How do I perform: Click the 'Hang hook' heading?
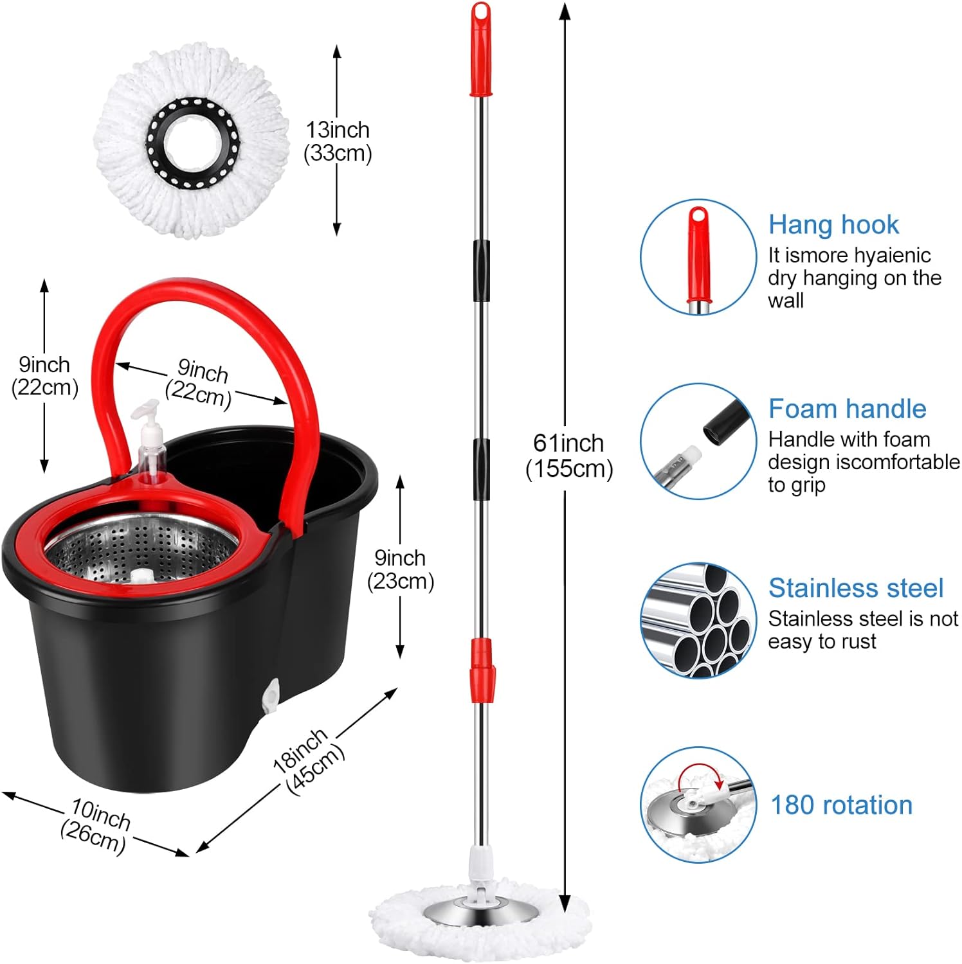click(833, 225)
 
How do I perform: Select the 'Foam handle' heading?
click(847, 409)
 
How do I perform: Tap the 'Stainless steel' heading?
click(855, 588)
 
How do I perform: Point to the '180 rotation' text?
click(841, 805)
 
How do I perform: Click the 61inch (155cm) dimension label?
click(568, 456)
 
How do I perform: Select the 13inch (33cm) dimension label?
click(338, 141)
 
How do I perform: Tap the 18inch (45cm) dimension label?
click(308, 762)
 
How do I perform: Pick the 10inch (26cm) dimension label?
click(96, 825)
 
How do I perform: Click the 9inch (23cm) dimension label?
click(400, 569)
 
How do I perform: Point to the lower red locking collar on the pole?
click(482, 672)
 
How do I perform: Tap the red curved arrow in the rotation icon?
click(702, 772)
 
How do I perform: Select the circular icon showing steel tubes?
click(698, 620)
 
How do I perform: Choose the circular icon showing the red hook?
click(698, 257)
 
